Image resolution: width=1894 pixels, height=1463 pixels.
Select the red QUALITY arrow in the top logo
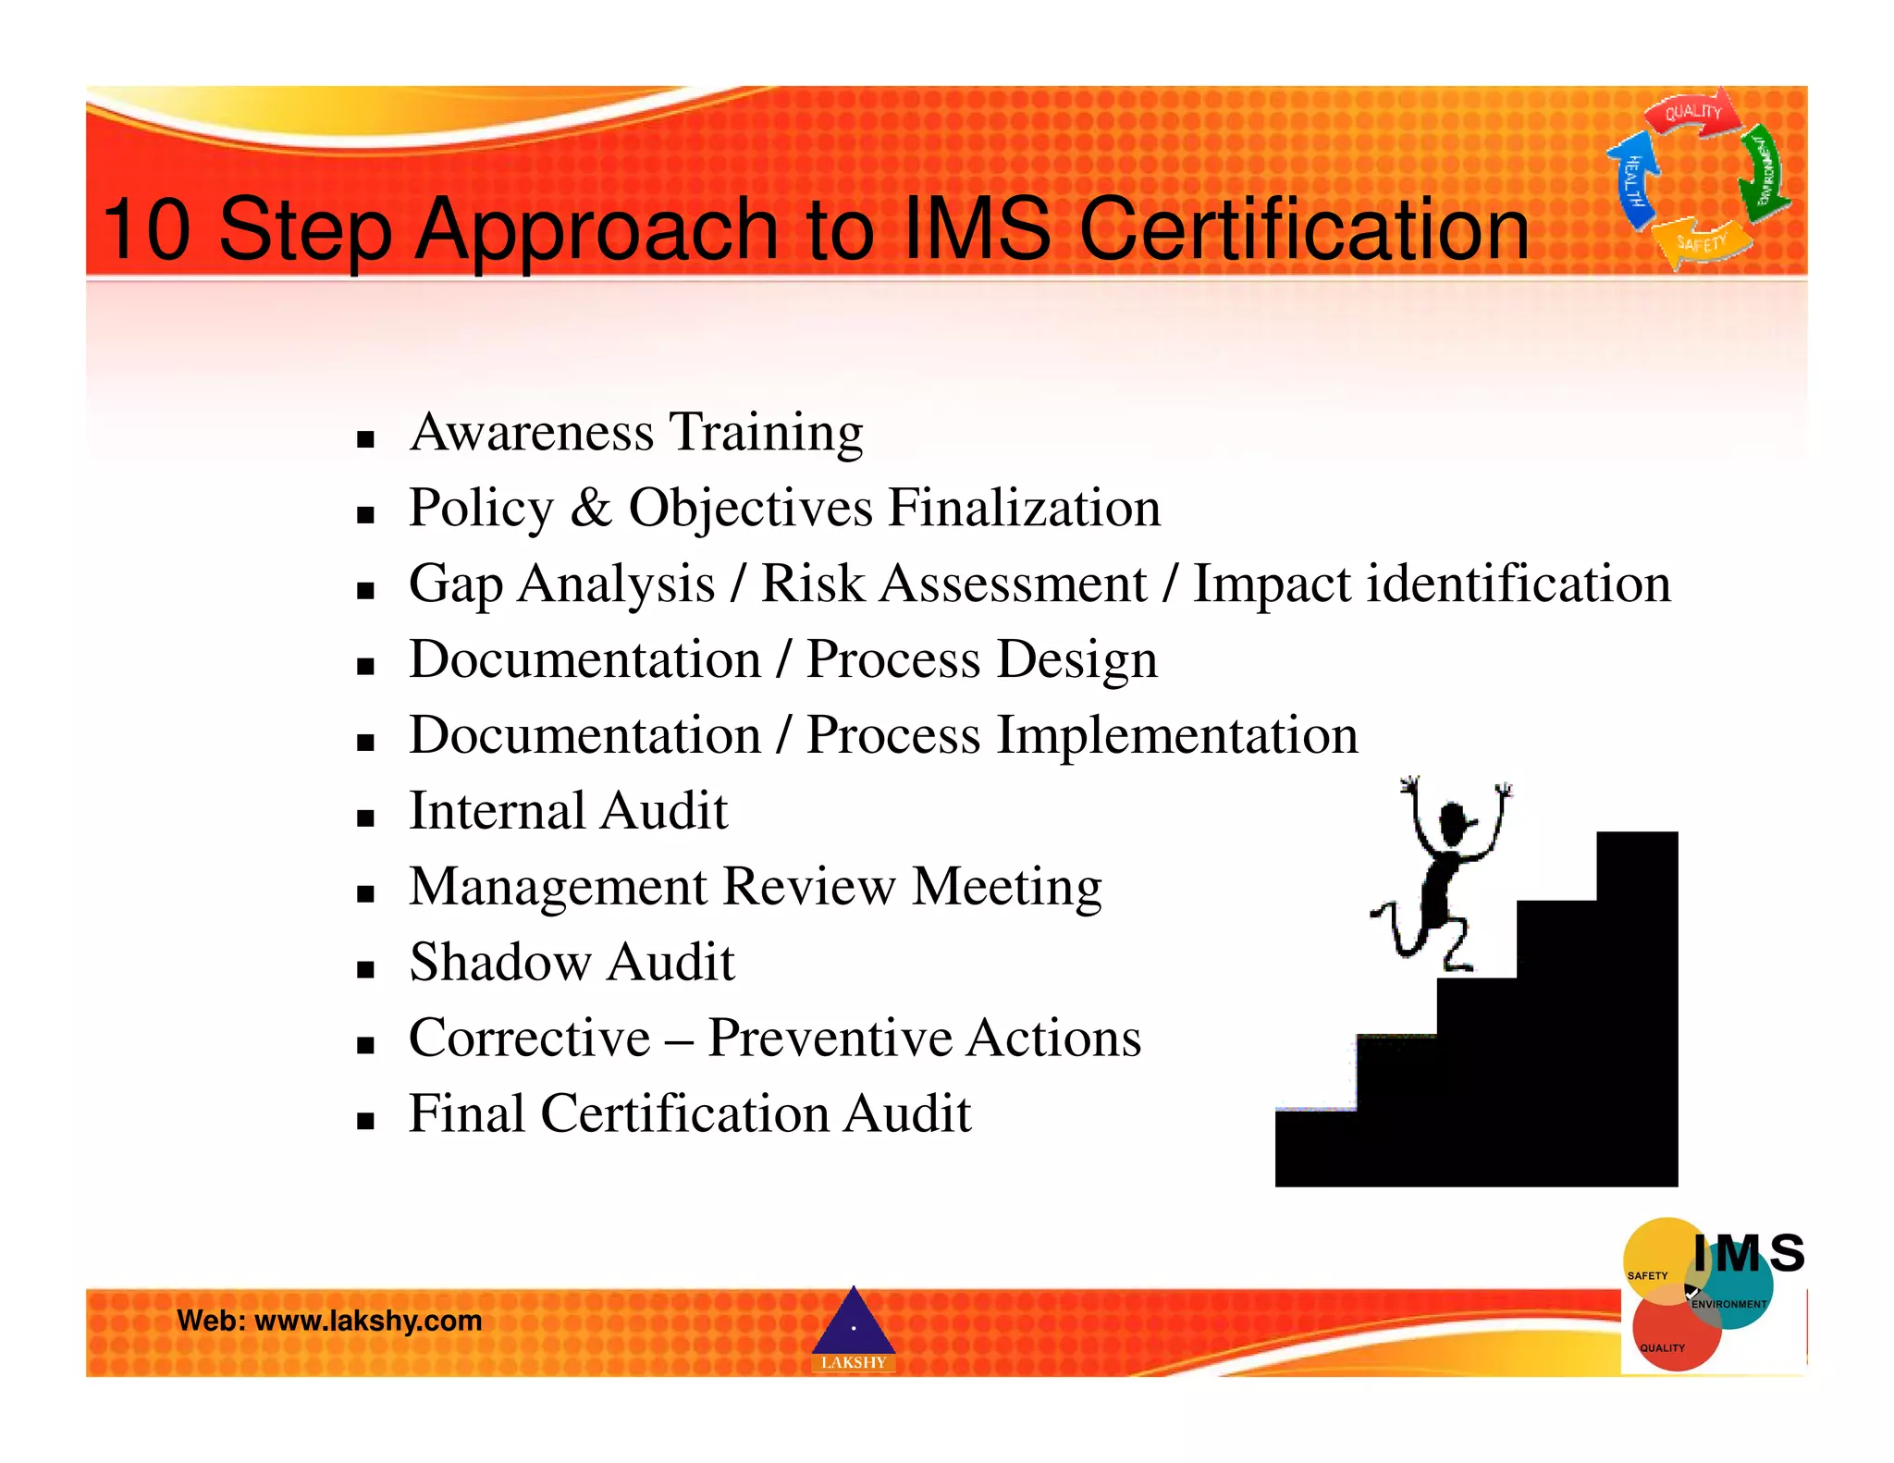1692,113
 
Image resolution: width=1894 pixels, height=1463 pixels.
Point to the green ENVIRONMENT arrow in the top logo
1763,172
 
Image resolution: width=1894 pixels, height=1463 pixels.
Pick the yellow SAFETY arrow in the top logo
1702,242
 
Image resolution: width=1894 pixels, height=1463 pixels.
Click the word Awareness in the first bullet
532,432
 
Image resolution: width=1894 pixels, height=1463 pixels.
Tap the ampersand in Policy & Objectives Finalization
591,508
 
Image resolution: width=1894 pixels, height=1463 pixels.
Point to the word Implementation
1176,736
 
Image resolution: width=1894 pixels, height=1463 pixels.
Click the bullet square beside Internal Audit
365,818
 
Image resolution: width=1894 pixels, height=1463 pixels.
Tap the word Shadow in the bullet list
499,963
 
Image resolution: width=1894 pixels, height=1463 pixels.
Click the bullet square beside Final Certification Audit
365,1122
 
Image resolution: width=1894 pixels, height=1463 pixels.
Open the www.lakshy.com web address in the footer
368,1321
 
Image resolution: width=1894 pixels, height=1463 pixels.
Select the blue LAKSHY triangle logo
853,1328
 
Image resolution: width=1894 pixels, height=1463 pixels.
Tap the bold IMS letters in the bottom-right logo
1748,1254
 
